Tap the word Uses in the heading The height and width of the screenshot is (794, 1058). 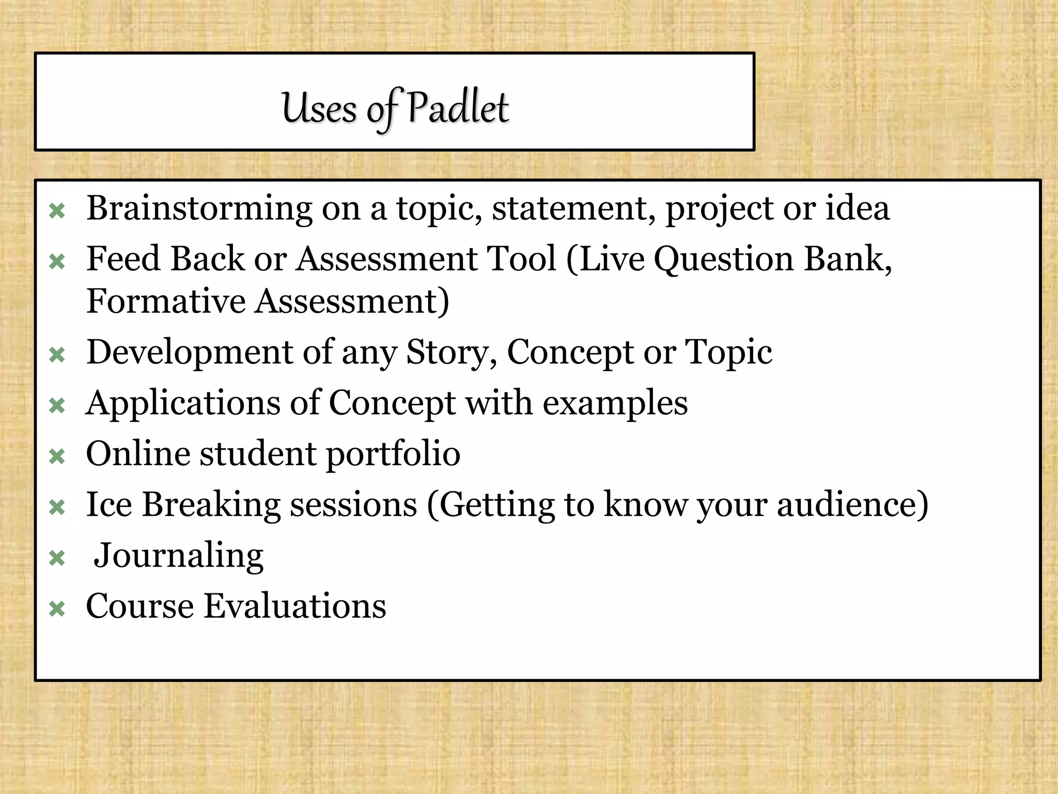coord(319,109)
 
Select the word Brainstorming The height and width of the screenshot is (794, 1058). coord(199,208)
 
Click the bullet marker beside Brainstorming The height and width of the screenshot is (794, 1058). coord(57,211)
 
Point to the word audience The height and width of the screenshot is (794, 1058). coord(852,505)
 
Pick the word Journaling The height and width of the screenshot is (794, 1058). coord(178,555)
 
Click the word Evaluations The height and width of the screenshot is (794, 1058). coord(294,606)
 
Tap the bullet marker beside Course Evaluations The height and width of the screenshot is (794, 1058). coord(57,609)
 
